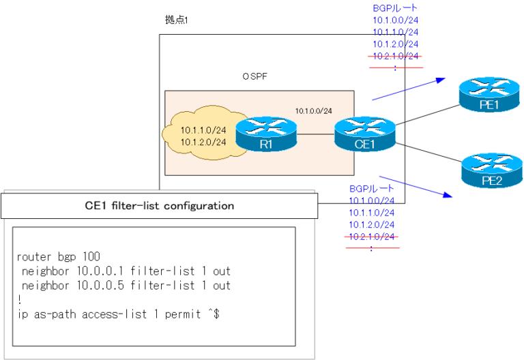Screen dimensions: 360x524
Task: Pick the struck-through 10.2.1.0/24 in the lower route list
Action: pos(372,237)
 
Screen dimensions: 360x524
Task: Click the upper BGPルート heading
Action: pos(395,8)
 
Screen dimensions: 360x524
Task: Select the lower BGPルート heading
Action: pos(372,187)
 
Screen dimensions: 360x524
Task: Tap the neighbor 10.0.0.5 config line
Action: pos(126,286)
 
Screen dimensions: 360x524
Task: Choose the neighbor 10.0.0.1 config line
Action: pos(126,271)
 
